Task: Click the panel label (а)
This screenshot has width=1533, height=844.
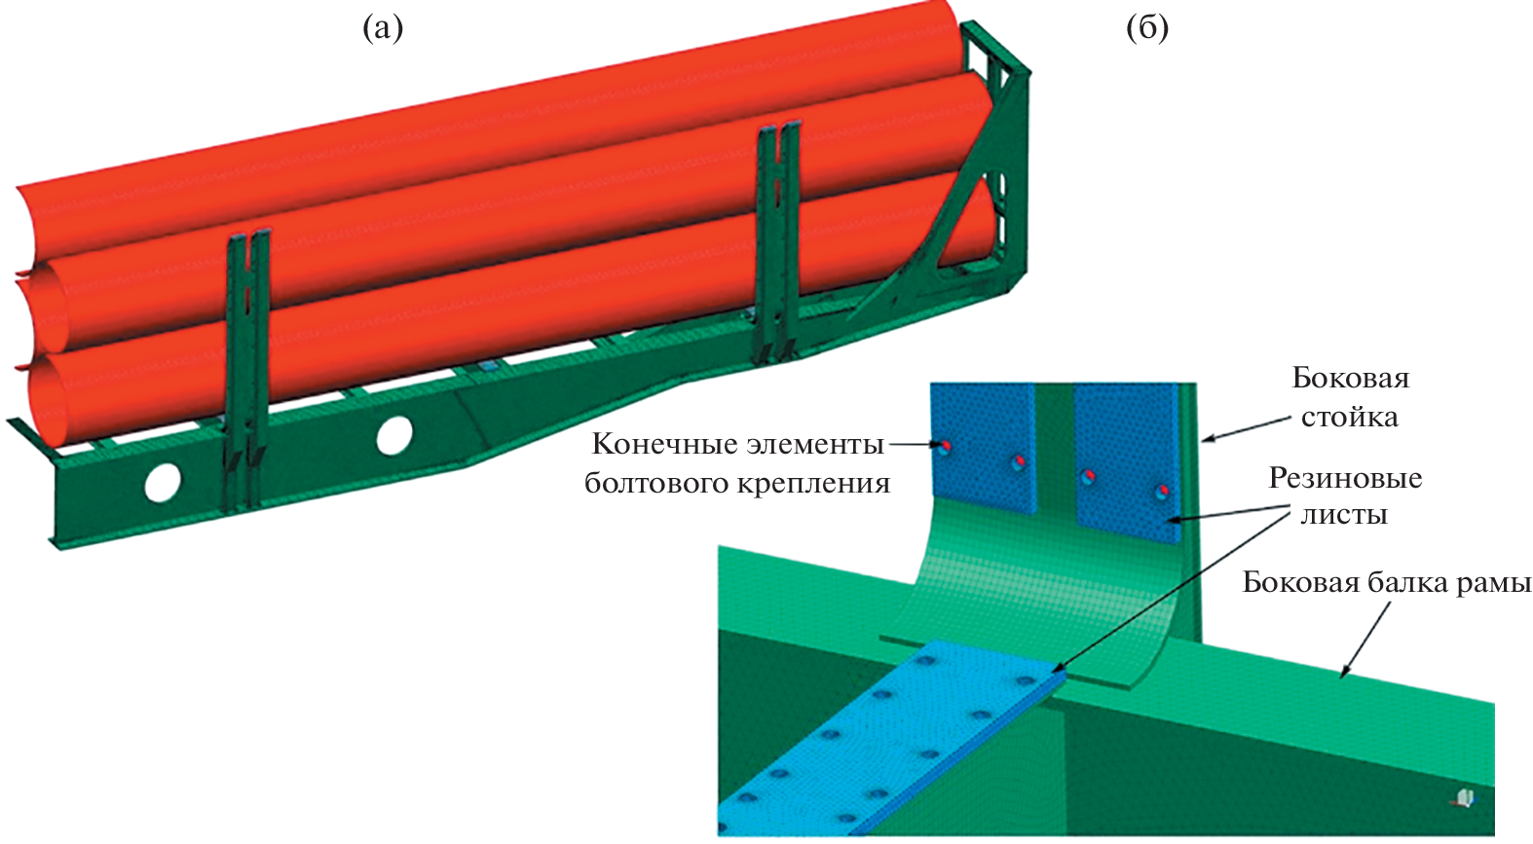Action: [382, 29]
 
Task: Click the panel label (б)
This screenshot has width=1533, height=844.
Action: [1146, 29]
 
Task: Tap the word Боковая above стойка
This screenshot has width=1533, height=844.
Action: [1350, 378]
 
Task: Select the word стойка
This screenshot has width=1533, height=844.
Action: [1349, 418]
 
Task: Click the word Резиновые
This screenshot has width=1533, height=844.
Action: [1345, 478]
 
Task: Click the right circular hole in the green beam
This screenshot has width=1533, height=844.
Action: [394, 435]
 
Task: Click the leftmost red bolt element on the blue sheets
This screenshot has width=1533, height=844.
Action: [945, 446]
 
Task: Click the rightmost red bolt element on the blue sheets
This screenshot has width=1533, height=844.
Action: [1161, 490]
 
